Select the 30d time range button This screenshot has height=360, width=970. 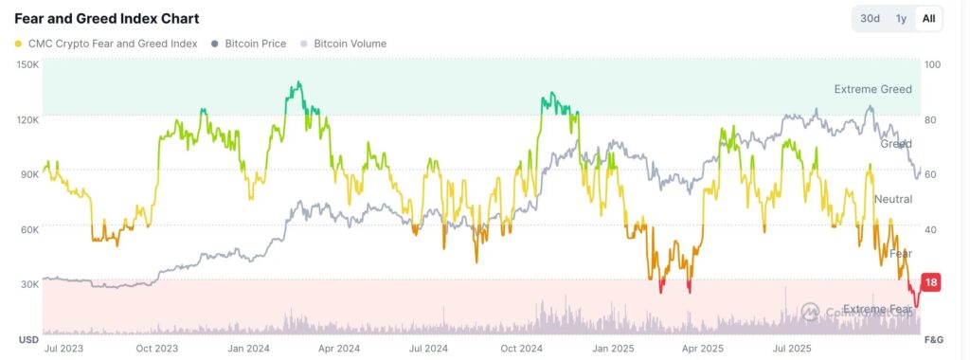[x=870, y=19]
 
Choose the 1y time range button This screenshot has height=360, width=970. [x=901, y=19]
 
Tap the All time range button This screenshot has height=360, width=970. [x=928, y=19]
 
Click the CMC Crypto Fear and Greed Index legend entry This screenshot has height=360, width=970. [x=106, y=44]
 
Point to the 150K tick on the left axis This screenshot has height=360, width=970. [x=27, y=64]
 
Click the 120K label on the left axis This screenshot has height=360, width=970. [x=27, y=119]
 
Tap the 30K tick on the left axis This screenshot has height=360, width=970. [x=27, y=283]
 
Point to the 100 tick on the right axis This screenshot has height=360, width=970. [x=932, y=64]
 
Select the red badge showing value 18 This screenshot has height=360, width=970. [x=930, y=282]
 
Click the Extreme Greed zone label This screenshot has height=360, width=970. [x=872, y=89]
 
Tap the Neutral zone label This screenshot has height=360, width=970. [x=892, y=199]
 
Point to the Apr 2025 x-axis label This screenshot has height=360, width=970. [x=702, y=349]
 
